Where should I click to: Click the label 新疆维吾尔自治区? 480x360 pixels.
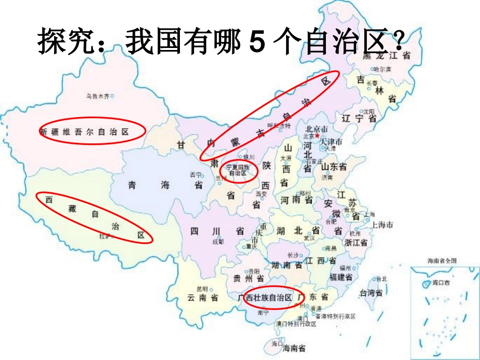(84, 132)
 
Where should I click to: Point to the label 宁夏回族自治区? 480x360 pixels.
(238, 170)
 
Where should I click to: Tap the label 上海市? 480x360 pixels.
(382, 225)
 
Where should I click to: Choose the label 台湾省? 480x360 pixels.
(370, 293)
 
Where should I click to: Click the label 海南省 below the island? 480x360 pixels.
(294, 348)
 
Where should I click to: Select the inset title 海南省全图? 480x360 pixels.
(442, 261)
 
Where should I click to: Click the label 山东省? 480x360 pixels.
(333, 167)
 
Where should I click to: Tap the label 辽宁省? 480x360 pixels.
(359, 119)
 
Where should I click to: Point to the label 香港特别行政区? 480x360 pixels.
(336, 316)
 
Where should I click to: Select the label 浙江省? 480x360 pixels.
(356, 242)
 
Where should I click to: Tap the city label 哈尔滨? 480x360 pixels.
(382, 69)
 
